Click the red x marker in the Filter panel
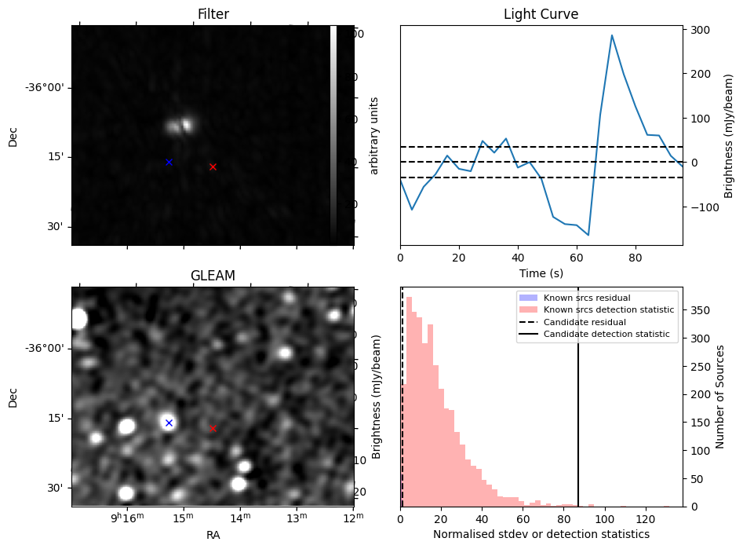(213, 167)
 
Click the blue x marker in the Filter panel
(169, 162)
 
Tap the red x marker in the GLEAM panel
(213, 428)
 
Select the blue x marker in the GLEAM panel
(169, 423)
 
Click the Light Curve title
(541, 15)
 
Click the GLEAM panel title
(213, 276)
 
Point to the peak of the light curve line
(611, 35)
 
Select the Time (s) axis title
(541, 273)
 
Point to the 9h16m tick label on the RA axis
(127, 518)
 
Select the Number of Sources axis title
(720, 396)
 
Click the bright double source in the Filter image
(180, 125)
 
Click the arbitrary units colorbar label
(374, 135)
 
